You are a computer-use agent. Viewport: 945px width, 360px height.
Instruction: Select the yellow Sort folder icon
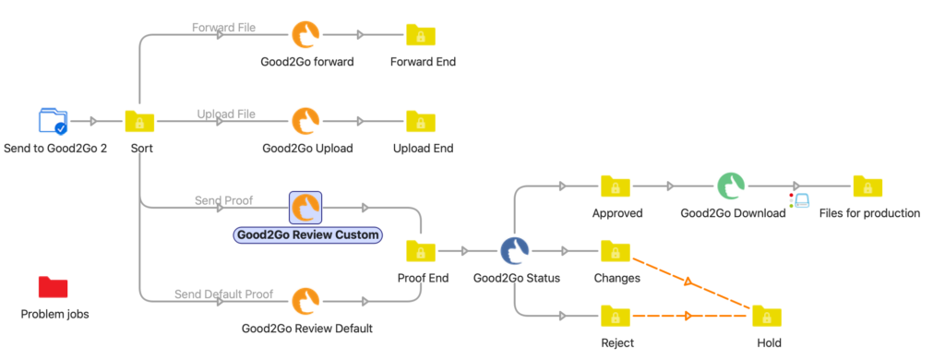140,121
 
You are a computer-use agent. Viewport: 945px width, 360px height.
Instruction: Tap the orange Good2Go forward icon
306,35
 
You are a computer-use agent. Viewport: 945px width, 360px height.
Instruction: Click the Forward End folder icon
422,35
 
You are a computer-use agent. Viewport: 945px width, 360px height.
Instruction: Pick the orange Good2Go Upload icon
306,121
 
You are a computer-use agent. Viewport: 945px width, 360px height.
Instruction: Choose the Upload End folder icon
422,121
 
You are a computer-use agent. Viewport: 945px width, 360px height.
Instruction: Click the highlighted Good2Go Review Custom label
307,235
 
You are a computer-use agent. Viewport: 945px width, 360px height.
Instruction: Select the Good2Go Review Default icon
306,301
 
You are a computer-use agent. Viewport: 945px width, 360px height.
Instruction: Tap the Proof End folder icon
422,250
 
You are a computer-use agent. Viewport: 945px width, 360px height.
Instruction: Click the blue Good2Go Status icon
514,250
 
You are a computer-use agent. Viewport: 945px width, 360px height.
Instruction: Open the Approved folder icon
616,186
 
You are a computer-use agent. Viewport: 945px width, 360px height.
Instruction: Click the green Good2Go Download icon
731,186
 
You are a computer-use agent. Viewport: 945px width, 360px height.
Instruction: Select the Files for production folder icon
868,186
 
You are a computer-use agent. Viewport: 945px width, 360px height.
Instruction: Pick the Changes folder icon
616,250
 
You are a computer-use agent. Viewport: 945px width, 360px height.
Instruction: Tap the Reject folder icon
616,317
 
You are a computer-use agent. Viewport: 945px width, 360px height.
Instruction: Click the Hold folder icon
767,317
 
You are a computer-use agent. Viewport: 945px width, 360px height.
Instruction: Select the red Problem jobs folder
54,287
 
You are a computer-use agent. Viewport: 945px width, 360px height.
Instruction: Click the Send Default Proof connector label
223,294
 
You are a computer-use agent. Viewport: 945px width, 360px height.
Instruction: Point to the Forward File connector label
224,27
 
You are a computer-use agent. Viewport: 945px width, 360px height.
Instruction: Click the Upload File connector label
225,114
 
